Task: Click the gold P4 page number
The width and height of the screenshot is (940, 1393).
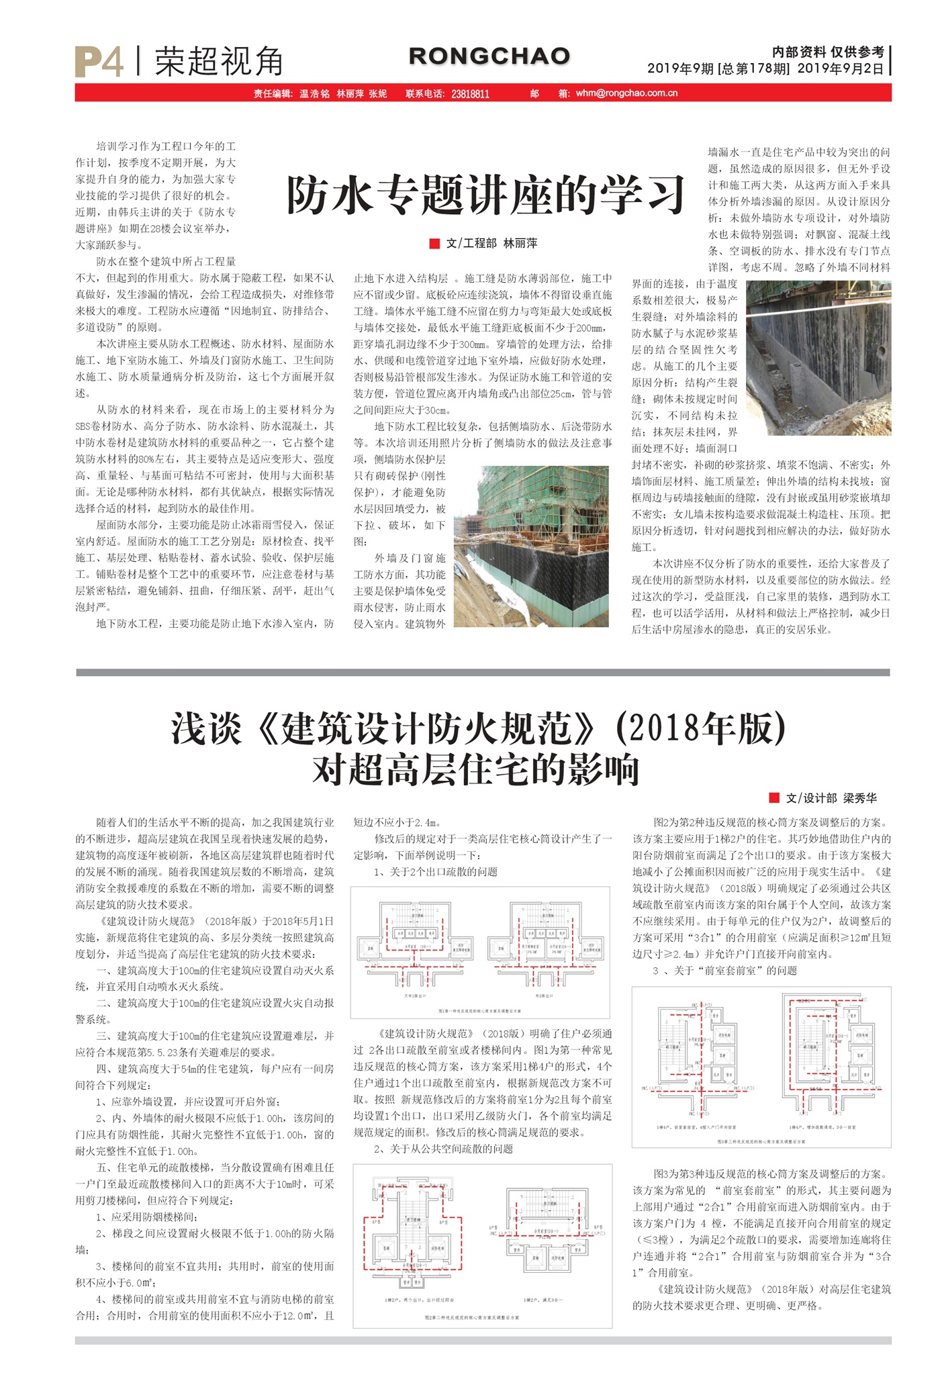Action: [99, 62]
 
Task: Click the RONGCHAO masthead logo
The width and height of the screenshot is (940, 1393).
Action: [489, 56]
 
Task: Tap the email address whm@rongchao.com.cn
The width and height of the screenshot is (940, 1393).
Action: [626, 93]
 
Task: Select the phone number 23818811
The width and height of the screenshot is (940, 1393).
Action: [470, 94]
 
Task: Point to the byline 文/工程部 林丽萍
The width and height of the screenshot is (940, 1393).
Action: [491, 243]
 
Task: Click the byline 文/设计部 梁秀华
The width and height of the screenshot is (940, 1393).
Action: [831, 798]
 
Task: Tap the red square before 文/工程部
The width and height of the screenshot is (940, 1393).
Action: [434, 243]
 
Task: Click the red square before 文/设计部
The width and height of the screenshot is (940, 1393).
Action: [774, 798]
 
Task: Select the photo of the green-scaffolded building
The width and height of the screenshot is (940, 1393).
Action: [531, 546]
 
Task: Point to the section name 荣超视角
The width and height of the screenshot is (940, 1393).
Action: [219, 62]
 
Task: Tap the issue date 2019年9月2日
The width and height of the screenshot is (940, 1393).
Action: [841, 68]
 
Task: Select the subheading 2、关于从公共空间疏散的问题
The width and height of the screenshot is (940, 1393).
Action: [443, 1149]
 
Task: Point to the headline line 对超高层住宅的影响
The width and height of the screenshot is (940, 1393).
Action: [475, 770]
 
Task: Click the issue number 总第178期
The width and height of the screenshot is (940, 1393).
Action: [755, 68]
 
